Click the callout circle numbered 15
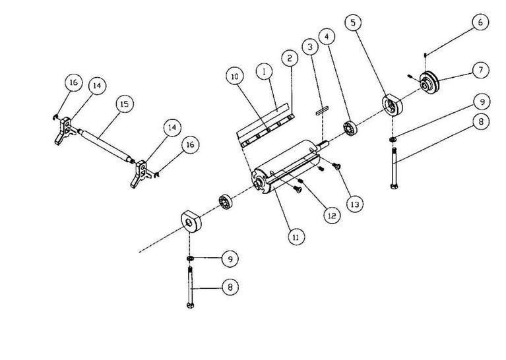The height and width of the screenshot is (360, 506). pyautogui.click(x=123, y=104)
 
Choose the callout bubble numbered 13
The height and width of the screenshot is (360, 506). pyautogui.click(x=354, y=205)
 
